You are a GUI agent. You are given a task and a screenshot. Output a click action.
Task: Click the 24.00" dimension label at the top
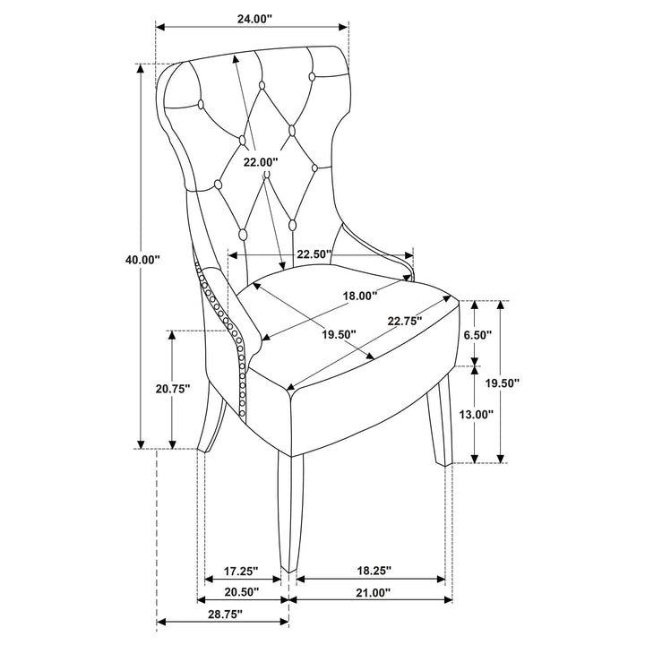click(x=254, y=19)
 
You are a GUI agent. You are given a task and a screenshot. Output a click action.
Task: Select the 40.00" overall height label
click(x=142, y=260)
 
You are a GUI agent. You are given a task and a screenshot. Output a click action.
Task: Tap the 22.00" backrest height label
click(x=261, y=162)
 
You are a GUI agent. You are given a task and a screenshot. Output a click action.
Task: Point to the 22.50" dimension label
click(x=314, y=254)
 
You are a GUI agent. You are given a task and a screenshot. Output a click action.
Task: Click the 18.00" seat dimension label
click(x=360, y=296)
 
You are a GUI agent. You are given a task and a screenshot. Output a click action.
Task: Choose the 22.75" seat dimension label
click(x=405, y=321)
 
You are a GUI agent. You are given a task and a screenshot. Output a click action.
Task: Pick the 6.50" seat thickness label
click(x=478, y=335)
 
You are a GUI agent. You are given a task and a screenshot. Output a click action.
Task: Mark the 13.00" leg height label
click(x=476, y=414)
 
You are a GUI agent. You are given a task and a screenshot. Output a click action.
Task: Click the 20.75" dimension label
click(x=173, y=388)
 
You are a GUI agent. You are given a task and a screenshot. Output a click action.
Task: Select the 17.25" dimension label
click(x=241, y=571)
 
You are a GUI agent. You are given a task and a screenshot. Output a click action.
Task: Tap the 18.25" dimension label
click(x=374, y=571)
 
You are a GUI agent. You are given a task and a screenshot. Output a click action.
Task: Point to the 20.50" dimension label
click(x=242, y=592)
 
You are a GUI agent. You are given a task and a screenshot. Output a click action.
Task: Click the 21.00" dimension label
click(x=373, y=592)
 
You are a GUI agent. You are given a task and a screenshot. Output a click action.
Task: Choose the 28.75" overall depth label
click(x=225, y=615)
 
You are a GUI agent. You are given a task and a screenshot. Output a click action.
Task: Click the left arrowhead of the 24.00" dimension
click(x=160, y=27)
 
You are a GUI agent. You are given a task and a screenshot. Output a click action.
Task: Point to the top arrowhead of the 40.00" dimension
click(x=141, y=69)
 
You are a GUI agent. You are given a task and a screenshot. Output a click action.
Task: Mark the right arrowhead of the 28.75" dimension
click(x=284, y=622)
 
